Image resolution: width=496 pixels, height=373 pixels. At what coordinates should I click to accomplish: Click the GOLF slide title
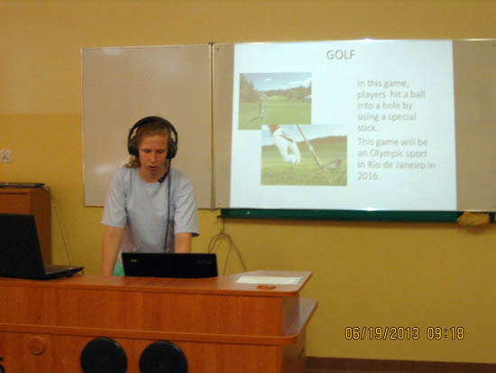[341, 55]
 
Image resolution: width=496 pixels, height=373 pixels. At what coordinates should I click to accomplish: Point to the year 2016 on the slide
[368, 176]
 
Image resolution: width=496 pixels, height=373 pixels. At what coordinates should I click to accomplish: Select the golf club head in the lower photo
[333, 164]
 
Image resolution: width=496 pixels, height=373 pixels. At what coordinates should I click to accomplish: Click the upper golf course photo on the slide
[275, 101]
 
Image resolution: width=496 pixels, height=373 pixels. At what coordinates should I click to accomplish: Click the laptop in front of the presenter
[170, 265]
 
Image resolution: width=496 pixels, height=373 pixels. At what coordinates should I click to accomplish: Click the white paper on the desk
[270, 280]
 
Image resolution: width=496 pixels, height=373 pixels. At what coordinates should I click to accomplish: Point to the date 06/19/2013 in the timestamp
[382, 333]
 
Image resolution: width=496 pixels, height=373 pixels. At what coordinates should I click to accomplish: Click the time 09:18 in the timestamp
[445, 333]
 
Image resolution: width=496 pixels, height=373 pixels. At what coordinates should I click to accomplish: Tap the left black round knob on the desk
[104, 356]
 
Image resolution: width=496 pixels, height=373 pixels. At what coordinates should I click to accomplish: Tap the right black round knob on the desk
[163, 357]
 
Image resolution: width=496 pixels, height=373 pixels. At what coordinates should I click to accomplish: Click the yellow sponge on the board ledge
[473, 219]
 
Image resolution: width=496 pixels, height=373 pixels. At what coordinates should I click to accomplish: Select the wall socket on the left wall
[5, 156]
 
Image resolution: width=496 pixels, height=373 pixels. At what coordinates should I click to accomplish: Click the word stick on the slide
[367, 127]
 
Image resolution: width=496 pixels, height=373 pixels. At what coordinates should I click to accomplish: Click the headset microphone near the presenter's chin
[162, 179]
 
